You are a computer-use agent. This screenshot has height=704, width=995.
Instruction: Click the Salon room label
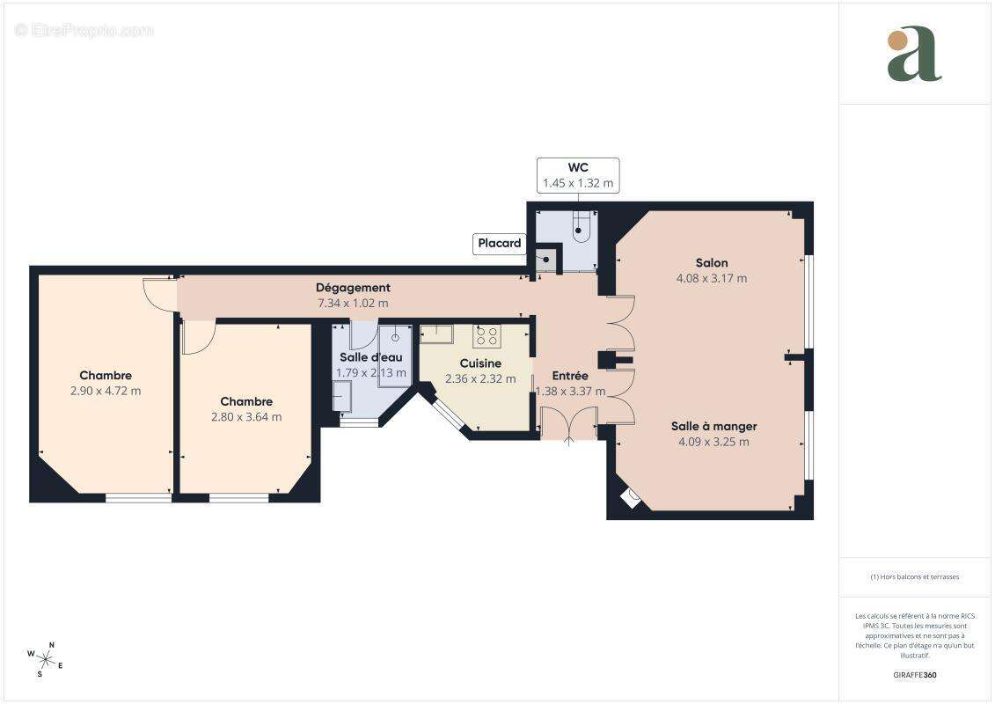712,262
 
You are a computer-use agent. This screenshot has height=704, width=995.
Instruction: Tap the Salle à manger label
713,426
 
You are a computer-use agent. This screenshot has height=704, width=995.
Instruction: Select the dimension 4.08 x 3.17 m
712,278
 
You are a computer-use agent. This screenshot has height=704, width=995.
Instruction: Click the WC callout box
578,175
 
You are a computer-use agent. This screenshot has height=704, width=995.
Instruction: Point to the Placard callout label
500,244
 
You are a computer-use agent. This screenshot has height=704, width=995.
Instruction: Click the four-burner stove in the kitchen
487,335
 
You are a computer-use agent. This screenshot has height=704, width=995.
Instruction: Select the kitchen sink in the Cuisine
435,334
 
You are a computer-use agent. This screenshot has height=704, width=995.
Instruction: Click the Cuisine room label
480,363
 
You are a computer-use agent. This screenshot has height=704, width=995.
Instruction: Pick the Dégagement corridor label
353,287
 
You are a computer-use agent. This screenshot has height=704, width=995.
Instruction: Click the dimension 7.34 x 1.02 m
353,303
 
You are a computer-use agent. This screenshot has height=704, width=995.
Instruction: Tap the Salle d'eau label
371,357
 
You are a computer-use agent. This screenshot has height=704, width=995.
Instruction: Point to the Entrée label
570,376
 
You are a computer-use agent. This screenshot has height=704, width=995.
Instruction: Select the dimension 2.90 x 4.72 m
106,391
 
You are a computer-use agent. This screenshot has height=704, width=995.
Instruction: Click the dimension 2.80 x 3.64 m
246,417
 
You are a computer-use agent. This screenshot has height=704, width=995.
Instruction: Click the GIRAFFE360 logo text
914,675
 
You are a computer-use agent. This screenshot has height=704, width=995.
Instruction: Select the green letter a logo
914,54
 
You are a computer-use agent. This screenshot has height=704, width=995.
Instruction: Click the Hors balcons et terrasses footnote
914,577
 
